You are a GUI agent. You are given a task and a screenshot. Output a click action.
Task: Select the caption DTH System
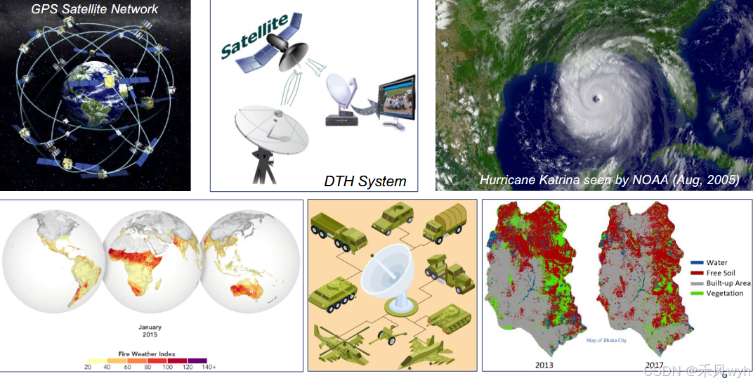[365, 181]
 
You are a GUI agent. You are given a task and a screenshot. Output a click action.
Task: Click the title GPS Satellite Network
[95, 9]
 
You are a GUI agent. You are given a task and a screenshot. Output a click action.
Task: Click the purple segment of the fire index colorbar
[197, 361]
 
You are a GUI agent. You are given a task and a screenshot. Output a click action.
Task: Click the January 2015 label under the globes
[150, 331]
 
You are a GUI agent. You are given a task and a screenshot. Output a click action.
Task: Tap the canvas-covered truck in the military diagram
[443, 220]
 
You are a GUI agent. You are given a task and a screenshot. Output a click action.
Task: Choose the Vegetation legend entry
[723, 293]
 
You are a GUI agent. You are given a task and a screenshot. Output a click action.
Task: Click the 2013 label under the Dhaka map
[544, 365]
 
